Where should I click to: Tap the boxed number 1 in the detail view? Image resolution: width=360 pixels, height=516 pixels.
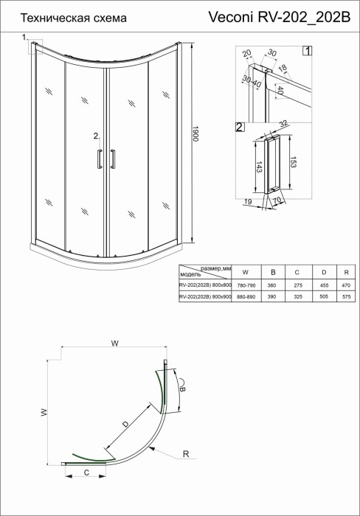coord(306,52)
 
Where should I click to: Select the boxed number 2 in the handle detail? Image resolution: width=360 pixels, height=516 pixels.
coord(239,128)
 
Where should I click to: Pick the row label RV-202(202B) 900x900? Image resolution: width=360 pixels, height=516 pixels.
coord(204,296)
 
